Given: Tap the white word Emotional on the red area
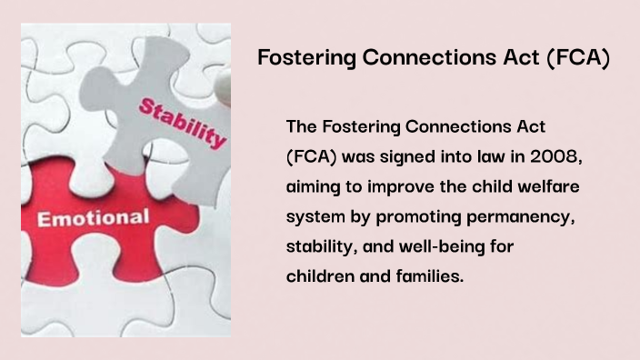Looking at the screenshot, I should coord(93,218).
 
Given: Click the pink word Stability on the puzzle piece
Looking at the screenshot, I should coord(182,123).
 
